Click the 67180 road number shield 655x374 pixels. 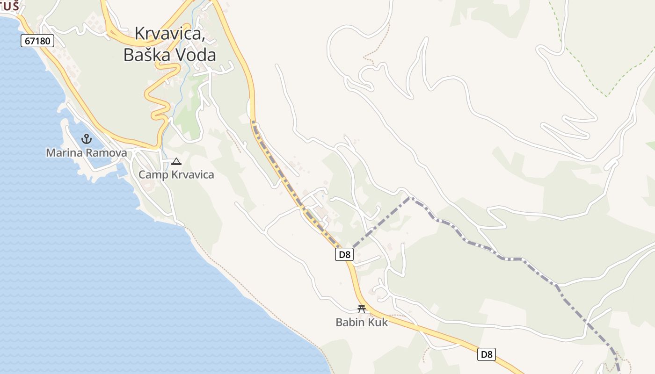37,41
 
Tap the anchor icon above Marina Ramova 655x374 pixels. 86,138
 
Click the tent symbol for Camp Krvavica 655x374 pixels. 176,162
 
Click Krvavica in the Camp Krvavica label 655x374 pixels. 191,175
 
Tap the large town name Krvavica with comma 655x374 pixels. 170,34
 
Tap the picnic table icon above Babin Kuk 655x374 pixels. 361,309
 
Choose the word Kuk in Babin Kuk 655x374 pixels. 378,322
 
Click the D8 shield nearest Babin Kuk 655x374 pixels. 344,254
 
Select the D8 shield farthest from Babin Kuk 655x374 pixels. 487,354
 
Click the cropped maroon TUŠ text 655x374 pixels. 9,7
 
